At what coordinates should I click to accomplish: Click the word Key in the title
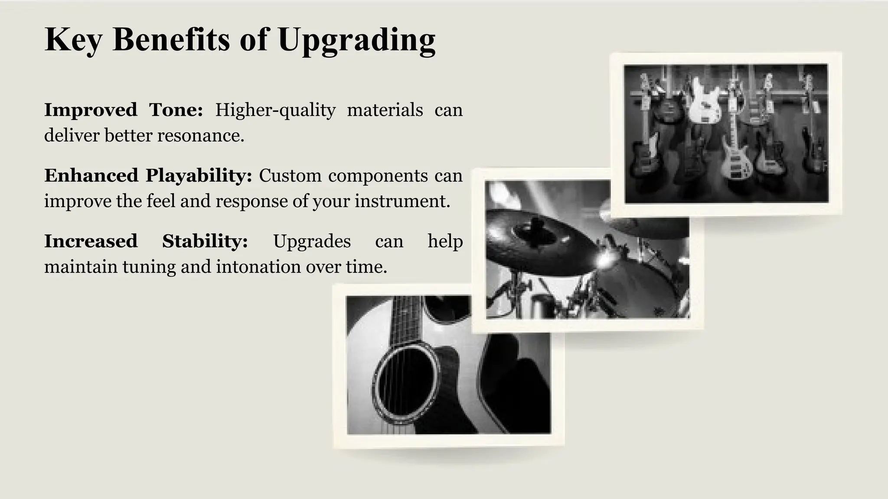click(x=73, y=40)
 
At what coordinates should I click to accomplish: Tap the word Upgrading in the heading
click(x=356, y=40)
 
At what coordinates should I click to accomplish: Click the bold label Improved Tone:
click(x=124, y=110)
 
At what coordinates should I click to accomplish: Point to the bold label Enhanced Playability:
click(x=148, y=175)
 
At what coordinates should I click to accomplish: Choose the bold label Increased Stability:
click(x=146, y=241)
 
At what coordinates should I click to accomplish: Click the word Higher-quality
click(x=275, y=110)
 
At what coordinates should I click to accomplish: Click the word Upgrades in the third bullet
click(x=312, y=241)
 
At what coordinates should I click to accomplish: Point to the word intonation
click(x=258, y=266)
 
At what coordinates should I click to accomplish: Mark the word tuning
click(x=149, y=267)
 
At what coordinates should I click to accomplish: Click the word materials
click(x=385, y=110)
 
